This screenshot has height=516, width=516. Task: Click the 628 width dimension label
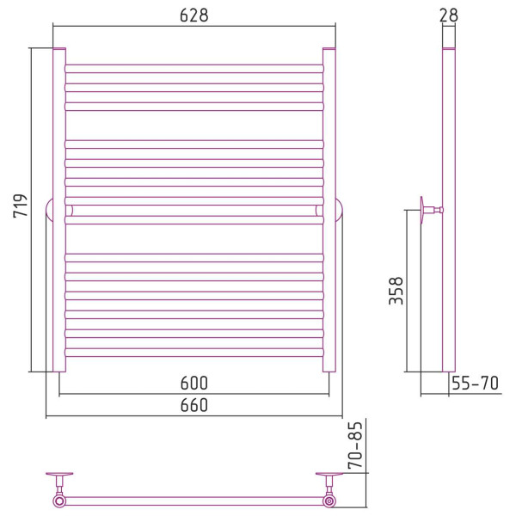click(x=194, y=15)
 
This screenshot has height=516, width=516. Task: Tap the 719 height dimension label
click(x=21, y=206)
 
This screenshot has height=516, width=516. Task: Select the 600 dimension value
click(x=194, y=383)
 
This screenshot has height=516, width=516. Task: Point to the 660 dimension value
click(x=194, y=405)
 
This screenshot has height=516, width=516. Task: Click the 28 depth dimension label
click(x=449, y=15)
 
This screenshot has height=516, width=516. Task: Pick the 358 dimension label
click(x=396, y=291)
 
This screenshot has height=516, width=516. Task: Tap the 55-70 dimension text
click(x=475, y=383)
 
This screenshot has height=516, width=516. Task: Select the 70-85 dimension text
click(x=355, y=445)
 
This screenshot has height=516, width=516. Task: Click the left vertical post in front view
click(x=59, y=210)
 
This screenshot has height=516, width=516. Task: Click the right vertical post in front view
click(x=329, y=210)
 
